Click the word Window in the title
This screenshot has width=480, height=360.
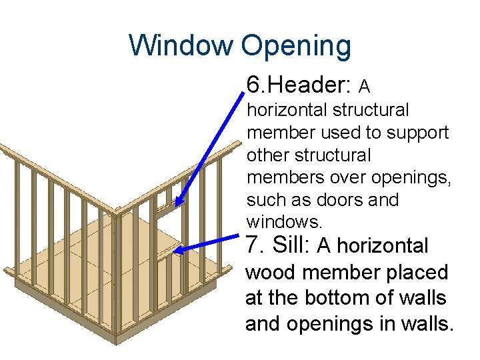[181, 46]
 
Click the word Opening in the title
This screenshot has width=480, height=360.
[296, 46]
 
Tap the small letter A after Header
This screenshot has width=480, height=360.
[365, 87]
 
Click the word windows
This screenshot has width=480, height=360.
[275, 221]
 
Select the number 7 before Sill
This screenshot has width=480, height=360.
[252, 246]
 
